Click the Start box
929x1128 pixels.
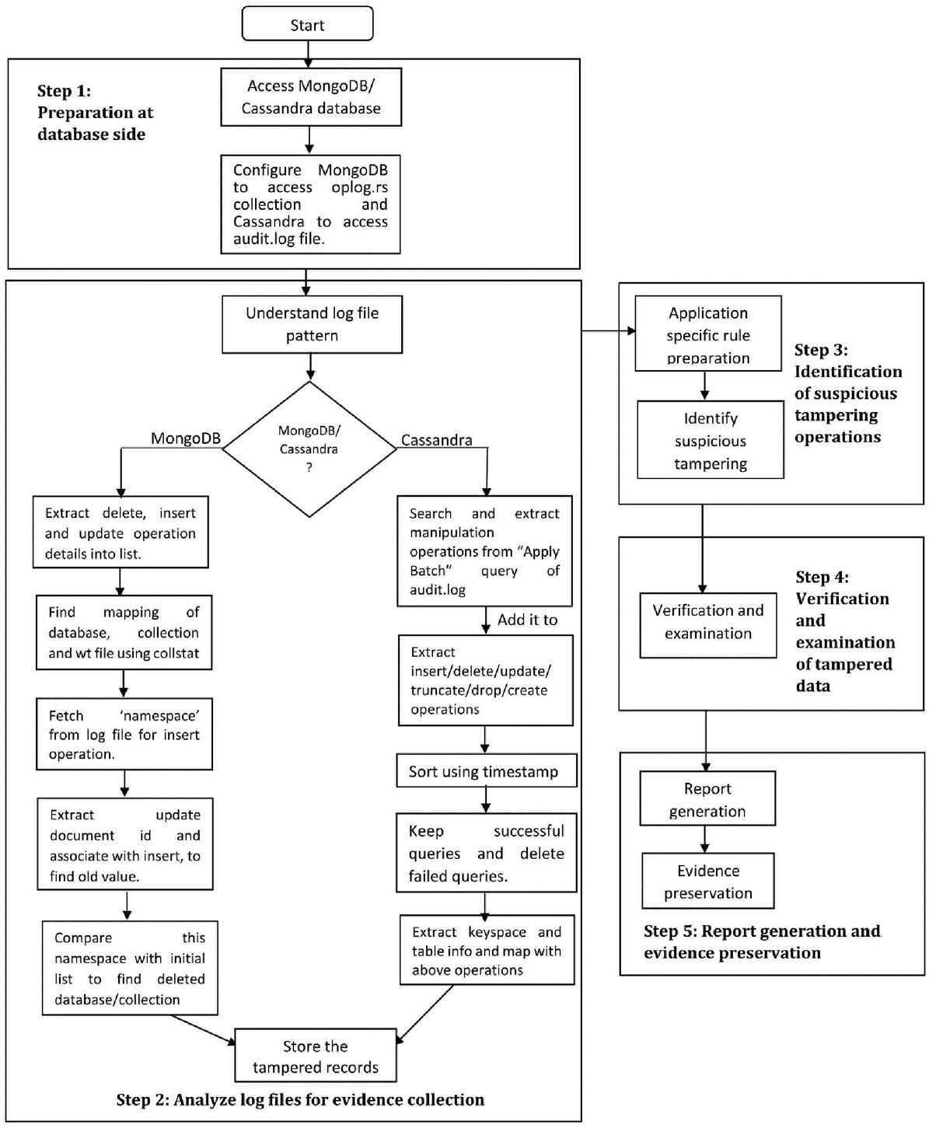307,23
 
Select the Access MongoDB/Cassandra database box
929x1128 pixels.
311,96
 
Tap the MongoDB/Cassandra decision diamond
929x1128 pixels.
309,449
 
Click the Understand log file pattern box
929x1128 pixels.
312,324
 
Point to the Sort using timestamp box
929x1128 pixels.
487,770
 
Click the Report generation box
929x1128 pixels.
707,798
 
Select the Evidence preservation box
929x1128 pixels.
708,881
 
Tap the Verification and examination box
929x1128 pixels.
708,625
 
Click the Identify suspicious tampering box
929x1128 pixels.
710,440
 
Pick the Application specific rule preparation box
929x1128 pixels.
708,334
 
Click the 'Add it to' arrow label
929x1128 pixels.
527,620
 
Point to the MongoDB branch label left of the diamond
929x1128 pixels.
185,438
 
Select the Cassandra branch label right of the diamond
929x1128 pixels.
437,440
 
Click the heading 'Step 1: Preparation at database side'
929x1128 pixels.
95,113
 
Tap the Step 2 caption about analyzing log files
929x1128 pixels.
300,1100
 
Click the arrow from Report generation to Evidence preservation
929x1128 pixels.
705,839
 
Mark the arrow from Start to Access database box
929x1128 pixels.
308,54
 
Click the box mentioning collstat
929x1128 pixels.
124,633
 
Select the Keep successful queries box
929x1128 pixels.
487,853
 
